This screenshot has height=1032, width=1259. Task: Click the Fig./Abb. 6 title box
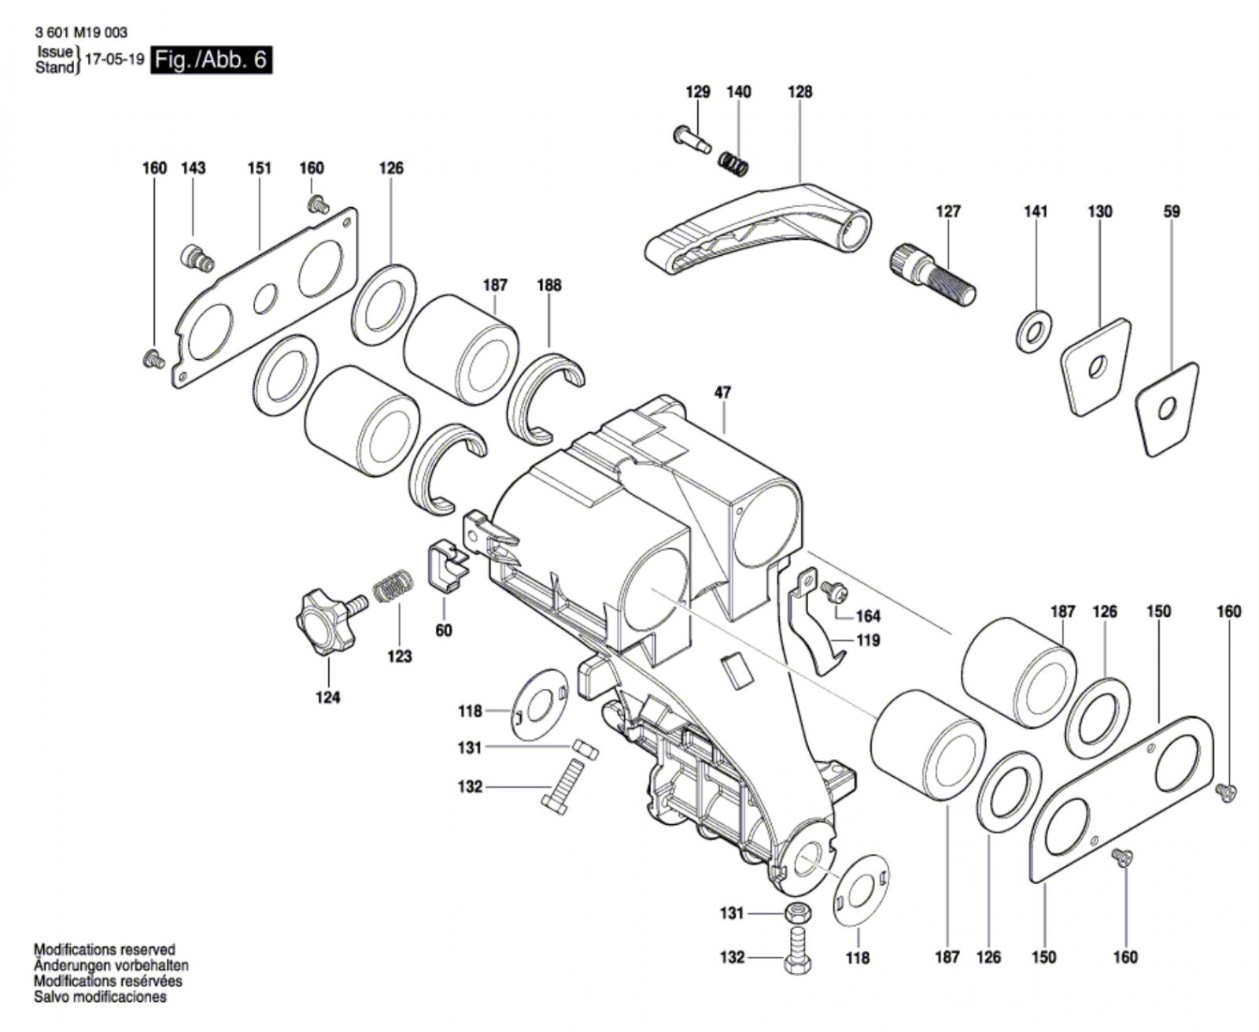212,60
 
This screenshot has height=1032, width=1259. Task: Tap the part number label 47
722,392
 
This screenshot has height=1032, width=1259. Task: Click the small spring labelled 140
733,164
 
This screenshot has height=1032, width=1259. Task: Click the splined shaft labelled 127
932,272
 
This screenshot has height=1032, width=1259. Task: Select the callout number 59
1172,211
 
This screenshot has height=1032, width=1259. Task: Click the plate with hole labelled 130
1095,365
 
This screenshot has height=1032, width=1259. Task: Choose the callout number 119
867,640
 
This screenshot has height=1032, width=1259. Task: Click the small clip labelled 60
446,564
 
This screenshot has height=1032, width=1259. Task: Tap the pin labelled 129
692,139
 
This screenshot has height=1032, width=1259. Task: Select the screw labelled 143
196,257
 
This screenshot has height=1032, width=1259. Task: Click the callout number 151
259,168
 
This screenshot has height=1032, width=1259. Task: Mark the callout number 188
548,285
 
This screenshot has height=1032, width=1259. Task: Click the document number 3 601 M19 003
81,33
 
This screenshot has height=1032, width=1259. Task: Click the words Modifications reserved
104,950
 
